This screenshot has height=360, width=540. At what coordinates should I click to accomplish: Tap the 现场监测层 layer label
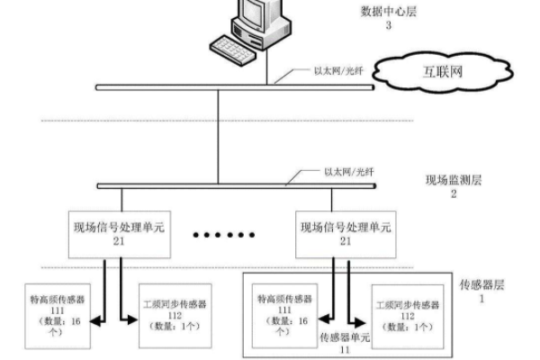click(x=452, y=180)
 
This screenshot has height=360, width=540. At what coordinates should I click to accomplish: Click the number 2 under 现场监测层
click(x=453, y=193)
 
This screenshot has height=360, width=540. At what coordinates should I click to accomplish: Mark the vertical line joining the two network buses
click(x=219, y=135)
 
